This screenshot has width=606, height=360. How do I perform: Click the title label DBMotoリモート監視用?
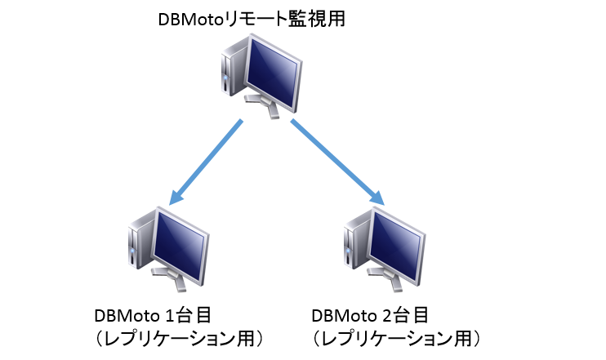point(252,20)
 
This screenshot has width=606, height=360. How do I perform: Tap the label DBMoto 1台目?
point(153,316)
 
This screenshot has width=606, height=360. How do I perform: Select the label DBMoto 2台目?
point(370,316)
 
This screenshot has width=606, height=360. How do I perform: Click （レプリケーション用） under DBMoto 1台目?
point(179,339)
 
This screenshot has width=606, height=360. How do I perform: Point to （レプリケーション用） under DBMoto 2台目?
point(396,339)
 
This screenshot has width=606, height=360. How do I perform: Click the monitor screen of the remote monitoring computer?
point(273,72)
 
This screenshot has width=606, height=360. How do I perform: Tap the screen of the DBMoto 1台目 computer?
point(180,245)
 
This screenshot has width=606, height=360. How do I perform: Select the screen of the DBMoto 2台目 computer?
point(395,245)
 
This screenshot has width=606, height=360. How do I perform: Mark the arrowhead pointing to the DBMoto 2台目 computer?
point(377,198)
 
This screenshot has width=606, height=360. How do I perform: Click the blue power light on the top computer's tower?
point(225,78)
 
